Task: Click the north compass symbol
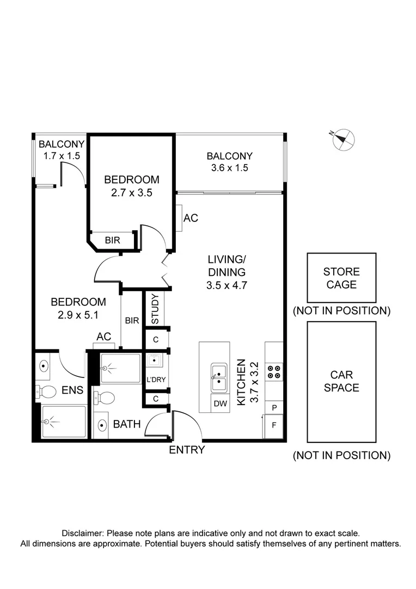point(343,140)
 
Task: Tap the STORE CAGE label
point(341,278)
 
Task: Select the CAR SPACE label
point(341,381)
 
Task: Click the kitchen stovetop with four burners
point(274,372)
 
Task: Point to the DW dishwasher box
point(220,404)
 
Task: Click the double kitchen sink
point(219,377)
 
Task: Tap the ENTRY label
point(187,449)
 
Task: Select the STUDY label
point(155,309)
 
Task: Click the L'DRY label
point(156,380)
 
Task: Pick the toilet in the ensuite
point(45,392)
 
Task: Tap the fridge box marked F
point(274,425)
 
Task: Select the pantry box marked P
point(274,407)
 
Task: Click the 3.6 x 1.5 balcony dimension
point(230,167)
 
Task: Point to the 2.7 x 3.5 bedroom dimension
point(132,193)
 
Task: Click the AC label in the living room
point(191,218)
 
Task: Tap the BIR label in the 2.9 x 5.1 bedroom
point(132,321)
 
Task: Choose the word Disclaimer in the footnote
point(82,533)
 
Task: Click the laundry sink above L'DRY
point(154,360)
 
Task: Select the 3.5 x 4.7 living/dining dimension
point(227,285)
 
